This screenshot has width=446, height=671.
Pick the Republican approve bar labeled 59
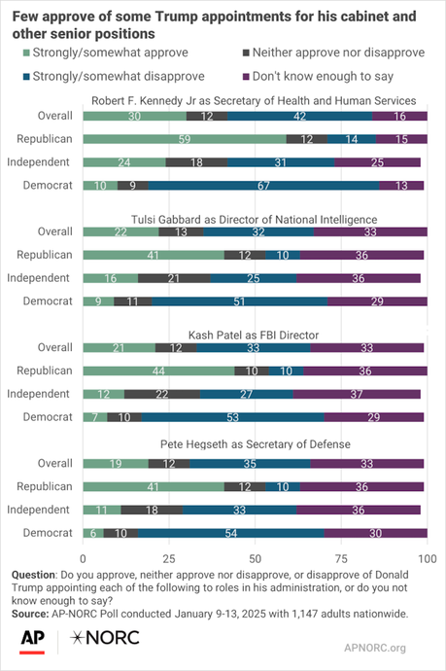click(x=185, y=139)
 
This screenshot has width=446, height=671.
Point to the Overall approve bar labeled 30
click(x=134, y=117)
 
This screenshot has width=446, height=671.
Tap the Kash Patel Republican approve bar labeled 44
click(x=158, y=371)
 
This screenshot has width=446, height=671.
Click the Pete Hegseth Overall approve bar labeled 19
click(x=116, y=463)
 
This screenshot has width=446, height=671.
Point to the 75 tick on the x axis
click(x=340, y=558)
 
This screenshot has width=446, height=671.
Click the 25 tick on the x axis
click(x=169, y=558)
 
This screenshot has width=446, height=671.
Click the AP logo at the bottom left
click(x=34, y=639)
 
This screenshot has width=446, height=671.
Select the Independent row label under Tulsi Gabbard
click(x=44, y=277)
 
